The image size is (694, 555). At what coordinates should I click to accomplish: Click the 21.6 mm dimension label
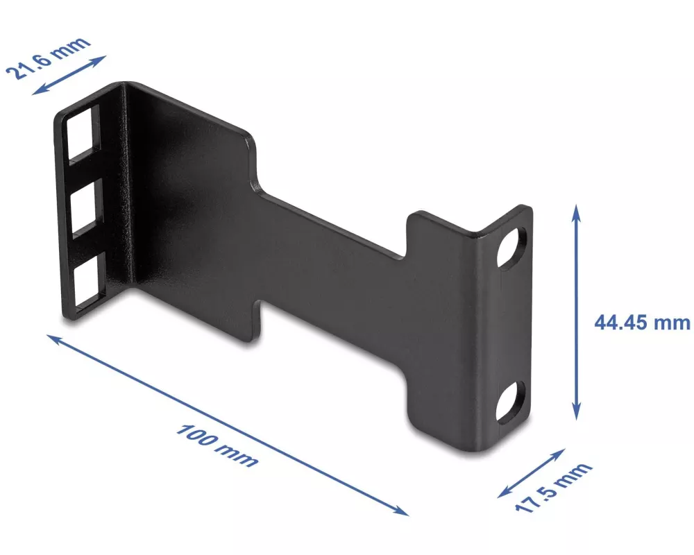coord(48,58)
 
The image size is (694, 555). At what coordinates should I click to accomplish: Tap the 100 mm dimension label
coord(217,445)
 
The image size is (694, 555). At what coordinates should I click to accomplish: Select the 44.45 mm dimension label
coord(642,322)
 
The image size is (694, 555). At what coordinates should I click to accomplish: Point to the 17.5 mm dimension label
coord(553,487)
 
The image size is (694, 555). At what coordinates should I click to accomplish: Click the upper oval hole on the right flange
coord(511,248)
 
